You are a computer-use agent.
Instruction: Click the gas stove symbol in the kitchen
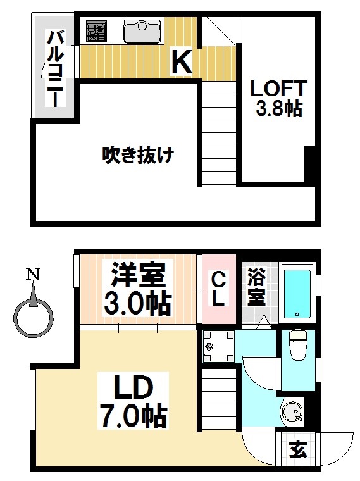[97, 30]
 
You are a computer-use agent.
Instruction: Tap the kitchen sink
[142, 30]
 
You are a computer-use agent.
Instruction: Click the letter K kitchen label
[182, 62]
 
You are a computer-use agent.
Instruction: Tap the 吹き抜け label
[138, 154]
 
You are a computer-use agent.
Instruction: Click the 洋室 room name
[138, 275]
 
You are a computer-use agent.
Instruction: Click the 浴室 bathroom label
[256, 287]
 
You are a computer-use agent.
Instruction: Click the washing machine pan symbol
[217, 346]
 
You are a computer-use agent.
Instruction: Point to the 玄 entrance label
[296, 451]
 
